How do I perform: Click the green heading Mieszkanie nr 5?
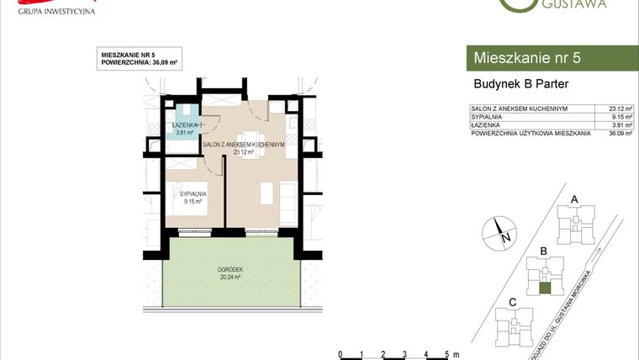[527, 58]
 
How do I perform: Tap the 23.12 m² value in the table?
[620, 109]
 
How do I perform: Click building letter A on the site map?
[574, 199]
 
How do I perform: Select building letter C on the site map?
[513, 302]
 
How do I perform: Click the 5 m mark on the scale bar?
[448, 354]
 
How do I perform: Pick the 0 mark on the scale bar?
[340, 354]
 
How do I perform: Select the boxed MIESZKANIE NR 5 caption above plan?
[139, 59]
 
